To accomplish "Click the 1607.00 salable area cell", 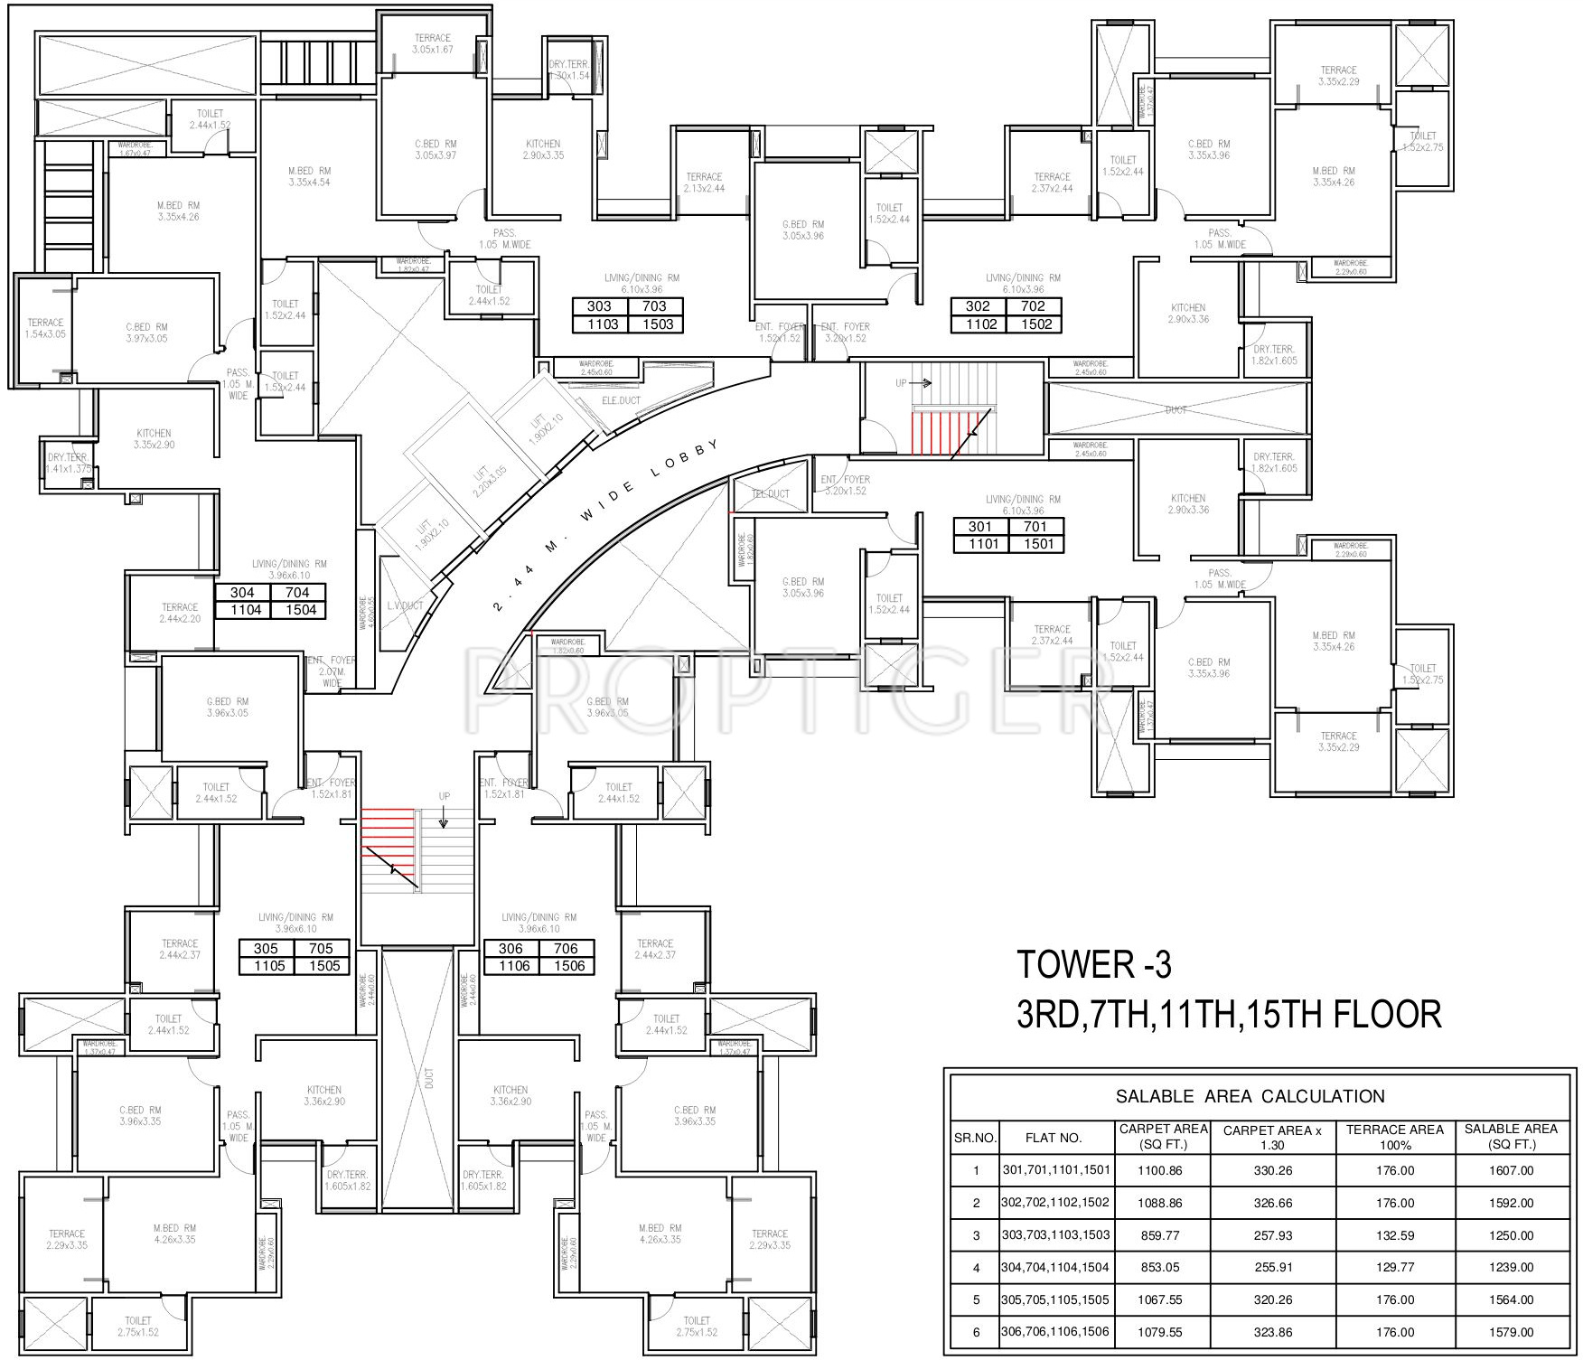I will (1511, 1170).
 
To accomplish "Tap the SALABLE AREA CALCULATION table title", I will (1250, 1096).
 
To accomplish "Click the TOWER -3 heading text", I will (1094, 965).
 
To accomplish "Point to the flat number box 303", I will (599, 306).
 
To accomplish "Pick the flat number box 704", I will (297, 593).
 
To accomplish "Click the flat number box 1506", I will (568, 966).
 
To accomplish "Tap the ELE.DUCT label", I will (620, 399).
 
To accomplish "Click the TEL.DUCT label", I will (771, 494).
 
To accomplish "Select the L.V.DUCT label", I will (405, 605).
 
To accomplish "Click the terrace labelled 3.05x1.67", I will (433, 43).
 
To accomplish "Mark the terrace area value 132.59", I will (1395, 1235).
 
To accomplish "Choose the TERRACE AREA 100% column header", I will (1395, 1137).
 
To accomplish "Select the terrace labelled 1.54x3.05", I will (45, 328).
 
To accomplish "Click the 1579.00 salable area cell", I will (1511, 1331).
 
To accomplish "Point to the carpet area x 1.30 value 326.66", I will (1273, 1203).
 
